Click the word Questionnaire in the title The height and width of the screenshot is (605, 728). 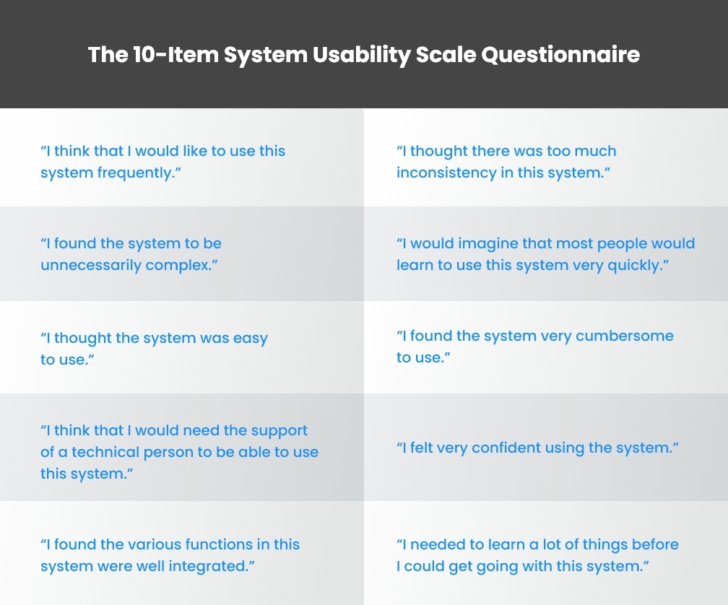pyautogui.click(x=560, y=55)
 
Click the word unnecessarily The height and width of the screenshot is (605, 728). pyautogui.click(x=90, y=266)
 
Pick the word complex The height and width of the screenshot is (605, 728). pyautogui.click(x=181, y=266)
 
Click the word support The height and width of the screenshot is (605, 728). pyautogui.click(x=279, y=431)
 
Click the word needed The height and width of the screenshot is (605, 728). pyautogui.click(x=436, y=545)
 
